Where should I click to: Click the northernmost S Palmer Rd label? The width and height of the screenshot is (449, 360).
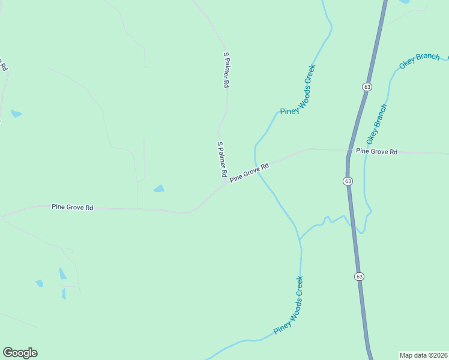(226, 71)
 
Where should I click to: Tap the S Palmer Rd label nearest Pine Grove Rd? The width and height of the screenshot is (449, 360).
(221, 159)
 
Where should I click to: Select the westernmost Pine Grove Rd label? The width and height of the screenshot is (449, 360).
(72, 208)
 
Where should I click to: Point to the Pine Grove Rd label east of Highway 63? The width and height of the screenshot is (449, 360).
(376, 152)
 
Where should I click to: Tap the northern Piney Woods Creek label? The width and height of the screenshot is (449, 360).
(298, 90)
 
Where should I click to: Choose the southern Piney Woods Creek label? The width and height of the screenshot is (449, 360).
(289, 305)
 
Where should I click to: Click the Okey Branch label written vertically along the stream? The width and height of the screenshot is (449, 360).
(377, 128)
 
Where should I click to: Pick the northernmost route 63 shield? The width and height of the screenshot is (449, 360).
(367, 87)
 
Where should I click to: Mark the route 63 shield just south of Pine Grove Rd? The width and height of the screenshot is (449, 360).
(349, 181)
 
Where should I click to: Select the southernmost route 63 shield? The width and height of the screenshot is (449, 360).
(359, 277)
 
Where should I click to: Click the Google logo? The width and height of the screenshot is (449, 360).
(20, 353)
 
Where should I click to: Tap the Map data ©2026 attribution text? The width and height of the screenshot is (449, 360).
(423, 355)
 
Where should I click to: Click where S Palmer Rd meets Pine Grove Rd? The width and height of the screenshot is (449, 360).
(226, 184)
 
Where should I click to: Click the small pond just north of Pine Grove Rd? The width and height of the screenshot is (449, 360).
(159, 189)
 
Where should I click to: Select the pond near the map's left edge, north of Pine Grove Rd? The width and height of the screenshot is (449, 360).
(16, 113)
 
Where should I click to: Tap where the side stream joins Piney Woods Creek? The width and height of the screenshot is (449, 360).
(300, 239)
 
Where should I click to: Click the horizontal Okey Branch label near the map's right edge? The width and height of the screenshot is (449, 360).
(420, 61)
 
